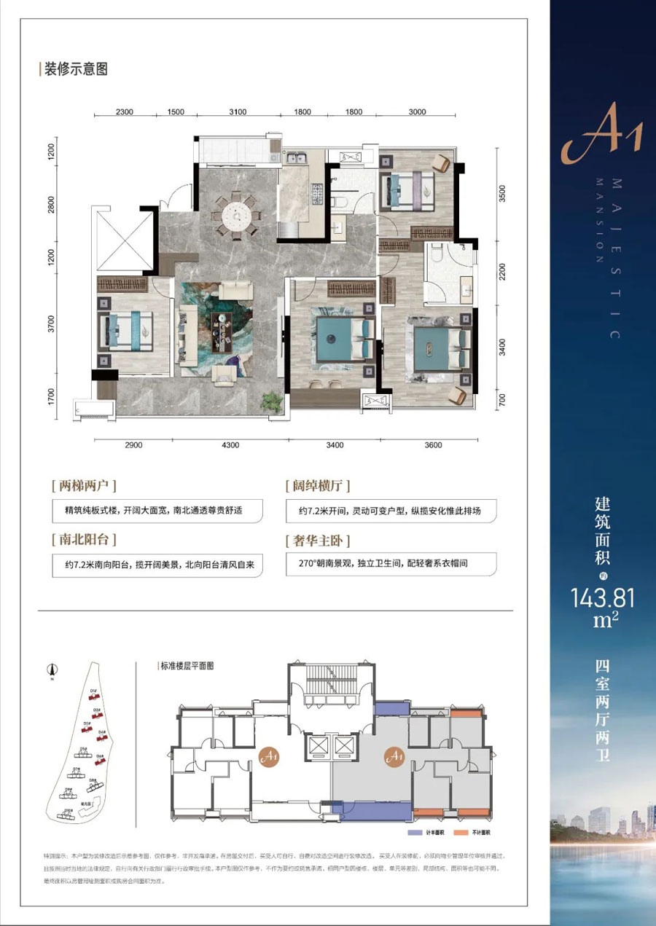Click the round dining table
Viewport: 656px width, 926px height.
tap(236, 213)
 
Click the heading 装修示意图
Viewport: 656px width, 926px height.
tap(76, 70)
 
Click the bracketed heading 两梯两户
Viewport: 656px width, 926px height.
tap(85, 484)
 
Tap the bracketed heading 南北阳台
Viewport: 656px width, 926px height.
tap(85, 541)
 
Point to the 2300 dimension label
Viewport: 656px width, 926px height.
tap(125, 111)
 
